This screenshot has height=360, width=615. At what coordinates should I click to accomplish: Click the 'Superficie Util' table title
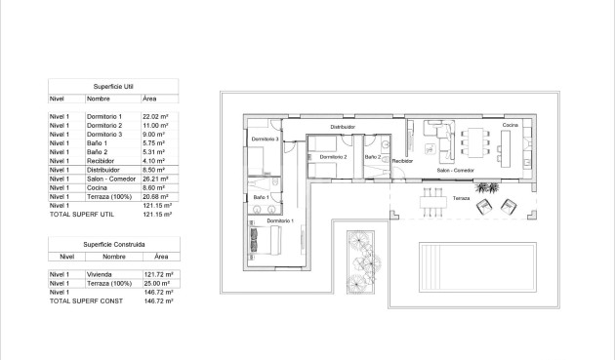[111, 86]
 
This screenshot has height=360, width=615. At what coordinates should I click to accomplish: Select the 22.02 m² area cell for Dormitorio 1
[157, 117]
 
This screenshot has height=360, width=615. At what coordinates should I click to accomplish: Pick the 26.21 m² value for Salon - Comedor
[157, 180]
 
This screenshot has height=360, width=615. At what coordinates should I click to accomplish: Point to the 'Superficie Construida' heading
[111, 243]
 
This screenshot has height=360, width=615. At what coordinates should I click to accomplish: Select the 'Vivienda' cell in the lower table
[100, 275]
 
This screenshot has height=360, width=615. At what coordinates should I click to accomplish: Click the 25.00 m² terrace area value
[157, 284]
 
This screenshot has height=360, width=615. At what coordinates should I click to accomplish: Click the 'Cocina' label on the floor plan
[511, 126]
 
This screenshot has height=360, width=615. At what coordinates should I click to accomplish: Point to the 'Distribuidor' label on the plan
[342, 127]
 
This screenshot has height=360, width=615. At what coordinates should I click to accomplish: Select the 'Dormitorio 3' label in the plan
[265, 140]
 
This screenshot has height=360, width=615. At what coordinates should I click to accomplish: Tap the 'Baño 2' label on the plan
[372, 156]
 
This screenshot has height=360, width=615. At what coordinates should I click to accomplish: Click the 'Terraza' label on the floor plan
[460, 198]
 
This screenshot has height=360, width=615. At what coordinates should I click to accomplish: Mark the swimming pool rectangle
[477, 266]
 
